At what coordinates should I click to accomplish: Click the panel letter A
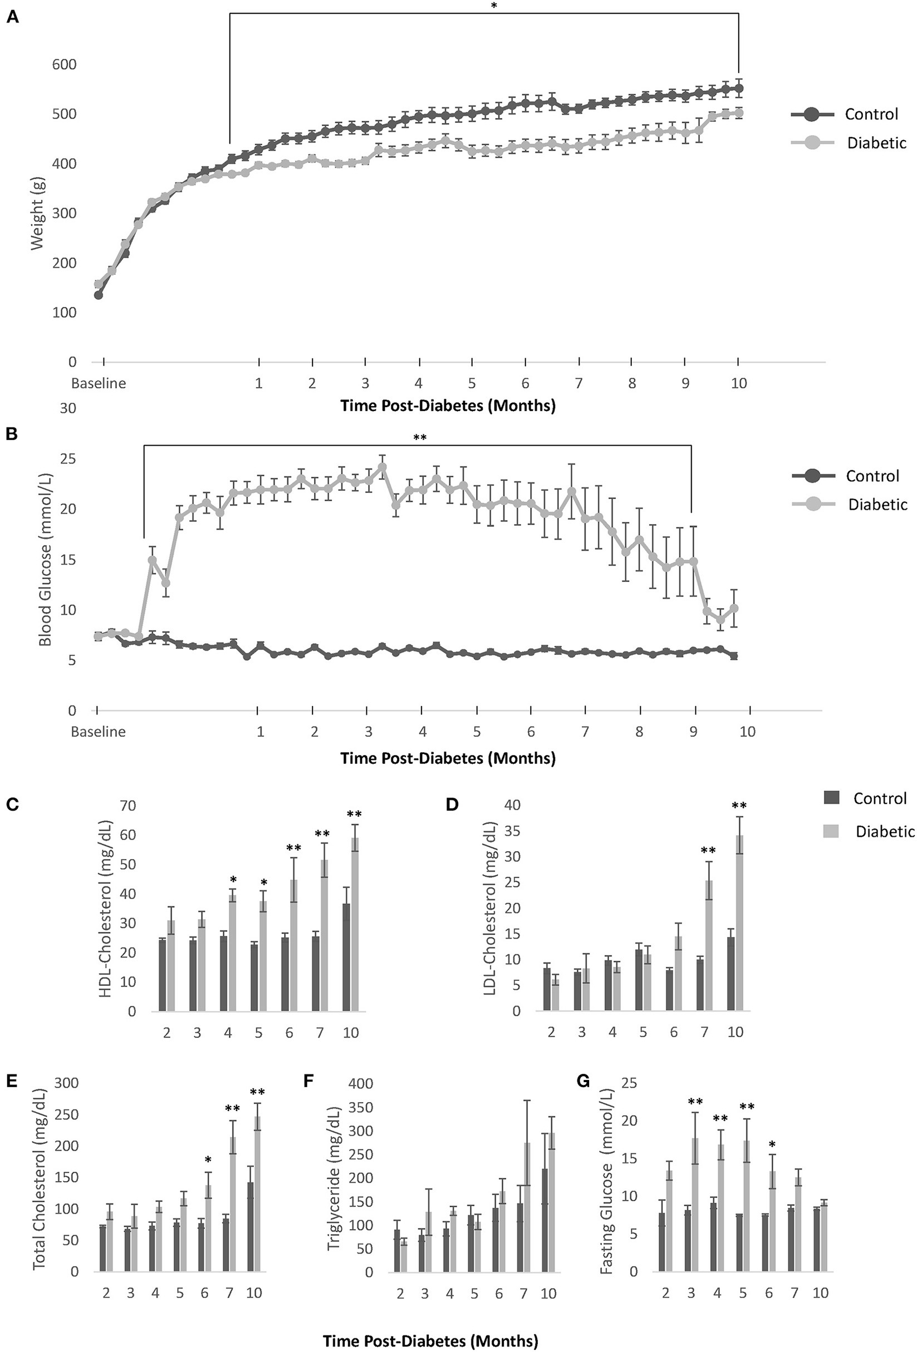tap(12, 18)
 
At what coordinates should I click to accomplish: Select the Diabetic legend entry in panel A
tap(876, 143)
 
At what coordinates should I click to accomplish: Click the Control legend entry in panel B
tap(872, 476)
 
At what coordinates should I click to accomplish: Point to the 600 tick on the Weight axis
tap(64, 64)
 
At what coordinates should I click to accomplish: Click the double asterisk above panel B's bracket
tap(419, 438)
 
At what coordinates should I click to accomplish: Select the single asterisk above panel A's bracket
tap(494, 6)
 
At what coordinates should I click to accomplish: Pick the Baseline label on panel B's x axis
tap(98, 731)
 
